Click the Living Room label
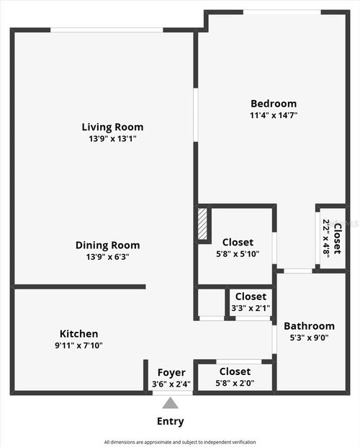112,127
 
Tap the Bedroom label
273,104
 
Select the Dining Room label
107,245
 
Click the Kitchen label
78,334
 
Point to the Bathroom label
309,325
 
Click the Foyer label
171,372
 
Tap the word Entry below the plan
170,421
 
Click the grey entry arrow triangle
171,403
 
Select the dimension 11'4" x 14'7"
273,115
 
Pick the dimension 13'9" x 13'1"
112,139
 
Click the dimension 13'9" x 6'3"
107,256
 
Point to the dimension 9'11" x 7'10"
78,346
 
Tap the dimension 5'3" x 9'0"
309,337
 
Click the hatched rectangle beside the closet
202,225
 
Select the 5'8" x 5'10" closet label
237,243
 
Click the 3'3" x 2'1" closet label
250,297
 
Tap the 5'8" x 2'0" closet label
235,371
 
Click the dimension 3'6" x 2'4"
171,384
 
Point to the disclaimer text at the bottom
179,442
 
